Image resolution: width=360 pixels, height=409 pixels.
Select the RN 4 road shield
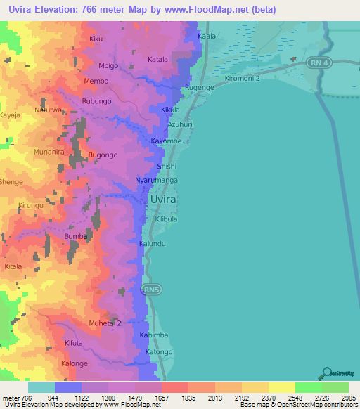coord(319,63)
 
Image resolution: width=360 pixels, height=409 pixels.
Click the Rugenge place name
coord(199,86)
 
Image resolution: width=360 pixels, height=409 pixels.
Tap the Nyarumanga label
coord(156,181)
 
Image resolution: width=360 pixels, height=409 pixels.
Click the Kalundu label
coord(153,243)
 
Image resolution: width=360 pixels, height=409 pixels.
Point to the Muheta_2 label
coord(105,323)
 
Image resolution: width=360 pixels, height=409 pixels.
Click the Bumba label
coord(76,237)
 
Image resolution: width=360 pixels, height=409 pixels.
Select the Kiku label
coord(96,39)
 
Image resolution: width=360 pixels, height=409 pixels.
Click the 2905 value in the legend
coord(349,398)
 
